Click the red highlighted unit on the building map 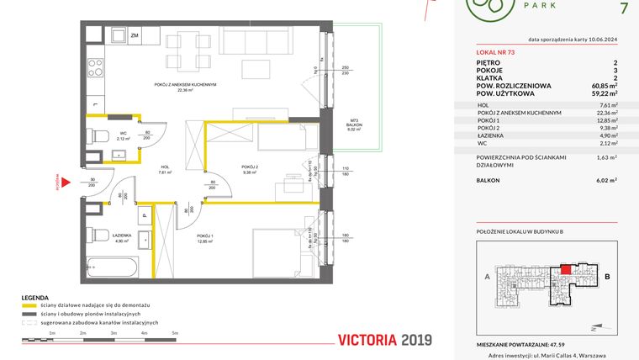(566, 268)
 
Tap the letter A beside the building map (487, 275)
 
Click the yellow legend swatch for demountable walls (34, 304)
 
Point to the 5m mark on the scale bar (176, 334)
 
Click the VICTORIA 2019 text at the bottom (384, 340)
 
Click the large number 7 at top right (622, 9)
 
